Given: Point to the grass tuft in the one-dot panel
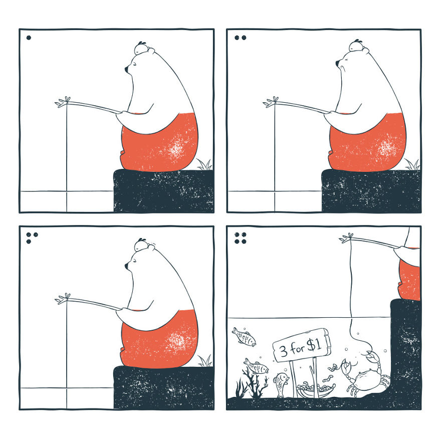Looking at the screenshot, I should tap(204, 164).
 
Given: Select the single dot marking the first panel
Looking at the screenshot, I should tap(29, 37).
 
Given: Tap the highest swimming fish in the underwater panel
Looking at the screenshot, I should tap(244, 337).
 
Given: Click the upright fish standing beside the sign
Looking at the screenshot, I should tap(281, 383).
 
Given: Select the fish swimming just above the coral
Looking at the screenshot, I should tap(256, 366).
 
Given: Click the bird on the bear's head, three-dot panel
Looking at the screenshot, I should tap(141, 244).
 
